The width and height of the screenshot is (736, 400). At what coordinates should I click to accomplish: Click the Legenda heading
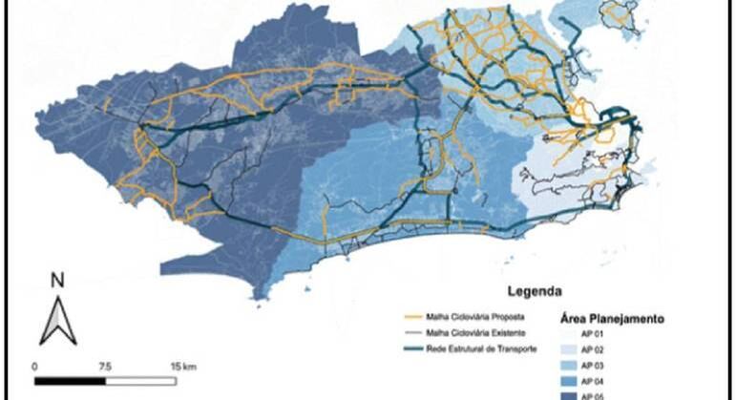point(533,290)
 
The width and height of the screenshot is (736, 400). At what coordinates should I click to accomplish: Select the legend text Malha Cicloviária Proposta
point(465,314)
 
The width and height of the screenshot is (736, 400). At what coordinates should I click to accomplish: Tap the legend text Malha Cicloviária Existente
point(464,331)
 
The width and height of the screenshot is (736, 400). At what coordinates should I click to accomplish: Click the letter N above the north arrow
point(56,281)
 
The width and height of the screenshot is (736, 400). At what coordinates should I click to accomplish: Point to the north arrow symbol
point(56,320)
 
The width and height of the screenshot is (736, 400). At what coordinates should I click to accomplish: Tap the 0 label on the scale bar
point(34,367)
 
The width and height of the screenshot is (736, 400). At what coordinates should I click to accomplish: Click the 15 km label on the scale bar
point(182,367)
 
